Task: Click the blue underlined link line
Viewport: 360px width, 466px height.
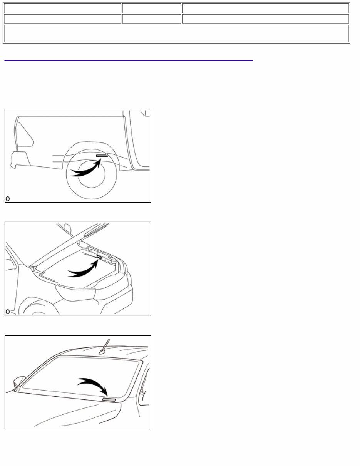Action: pos(128,60)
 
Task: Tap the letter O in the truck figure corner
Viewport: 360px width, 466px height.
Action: pos(8,199)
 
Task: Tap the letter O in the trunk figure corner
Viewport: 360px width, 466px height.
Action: pos(8,312)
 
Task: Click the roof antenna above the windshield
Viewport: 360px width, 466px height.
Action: pos(105,347)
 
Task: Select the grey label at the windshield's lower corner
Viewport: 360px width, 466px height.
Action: pos(109,400)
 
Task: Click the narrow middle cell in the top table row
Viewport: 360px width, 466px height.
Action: pos(152,8)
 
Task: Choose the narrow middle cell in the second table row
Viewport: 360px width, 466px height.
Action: pos(152,19)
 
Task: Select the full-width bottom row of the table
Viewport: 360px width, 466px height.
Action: pos(176,34)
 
